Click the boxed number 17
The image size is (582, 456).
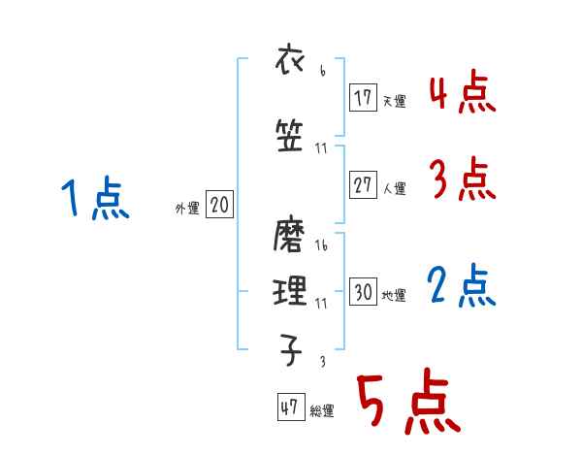point(364,97)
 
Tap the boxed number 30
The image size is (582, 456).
point(364,292)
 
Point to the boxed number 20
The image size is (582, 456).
point(219,205)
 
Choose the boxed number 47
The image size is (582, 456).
point(290,407)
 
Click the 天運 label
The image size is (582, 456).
point(394,100)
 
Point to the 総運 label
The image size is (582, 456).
point(322,411)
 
